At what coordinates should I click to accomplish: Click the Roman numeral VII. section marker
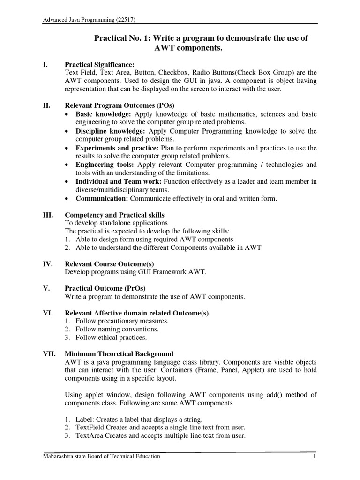coord(50,354)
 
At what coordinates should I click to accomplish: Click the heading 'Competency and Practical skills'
coord(114,215)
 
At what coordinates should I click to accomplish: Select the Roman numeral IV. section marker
coord(48,264)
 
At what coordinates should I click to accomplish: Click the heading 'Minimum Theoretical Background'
coord(119,354)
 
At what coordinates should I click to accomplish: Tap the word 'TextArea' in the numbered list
coord(90,436)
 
